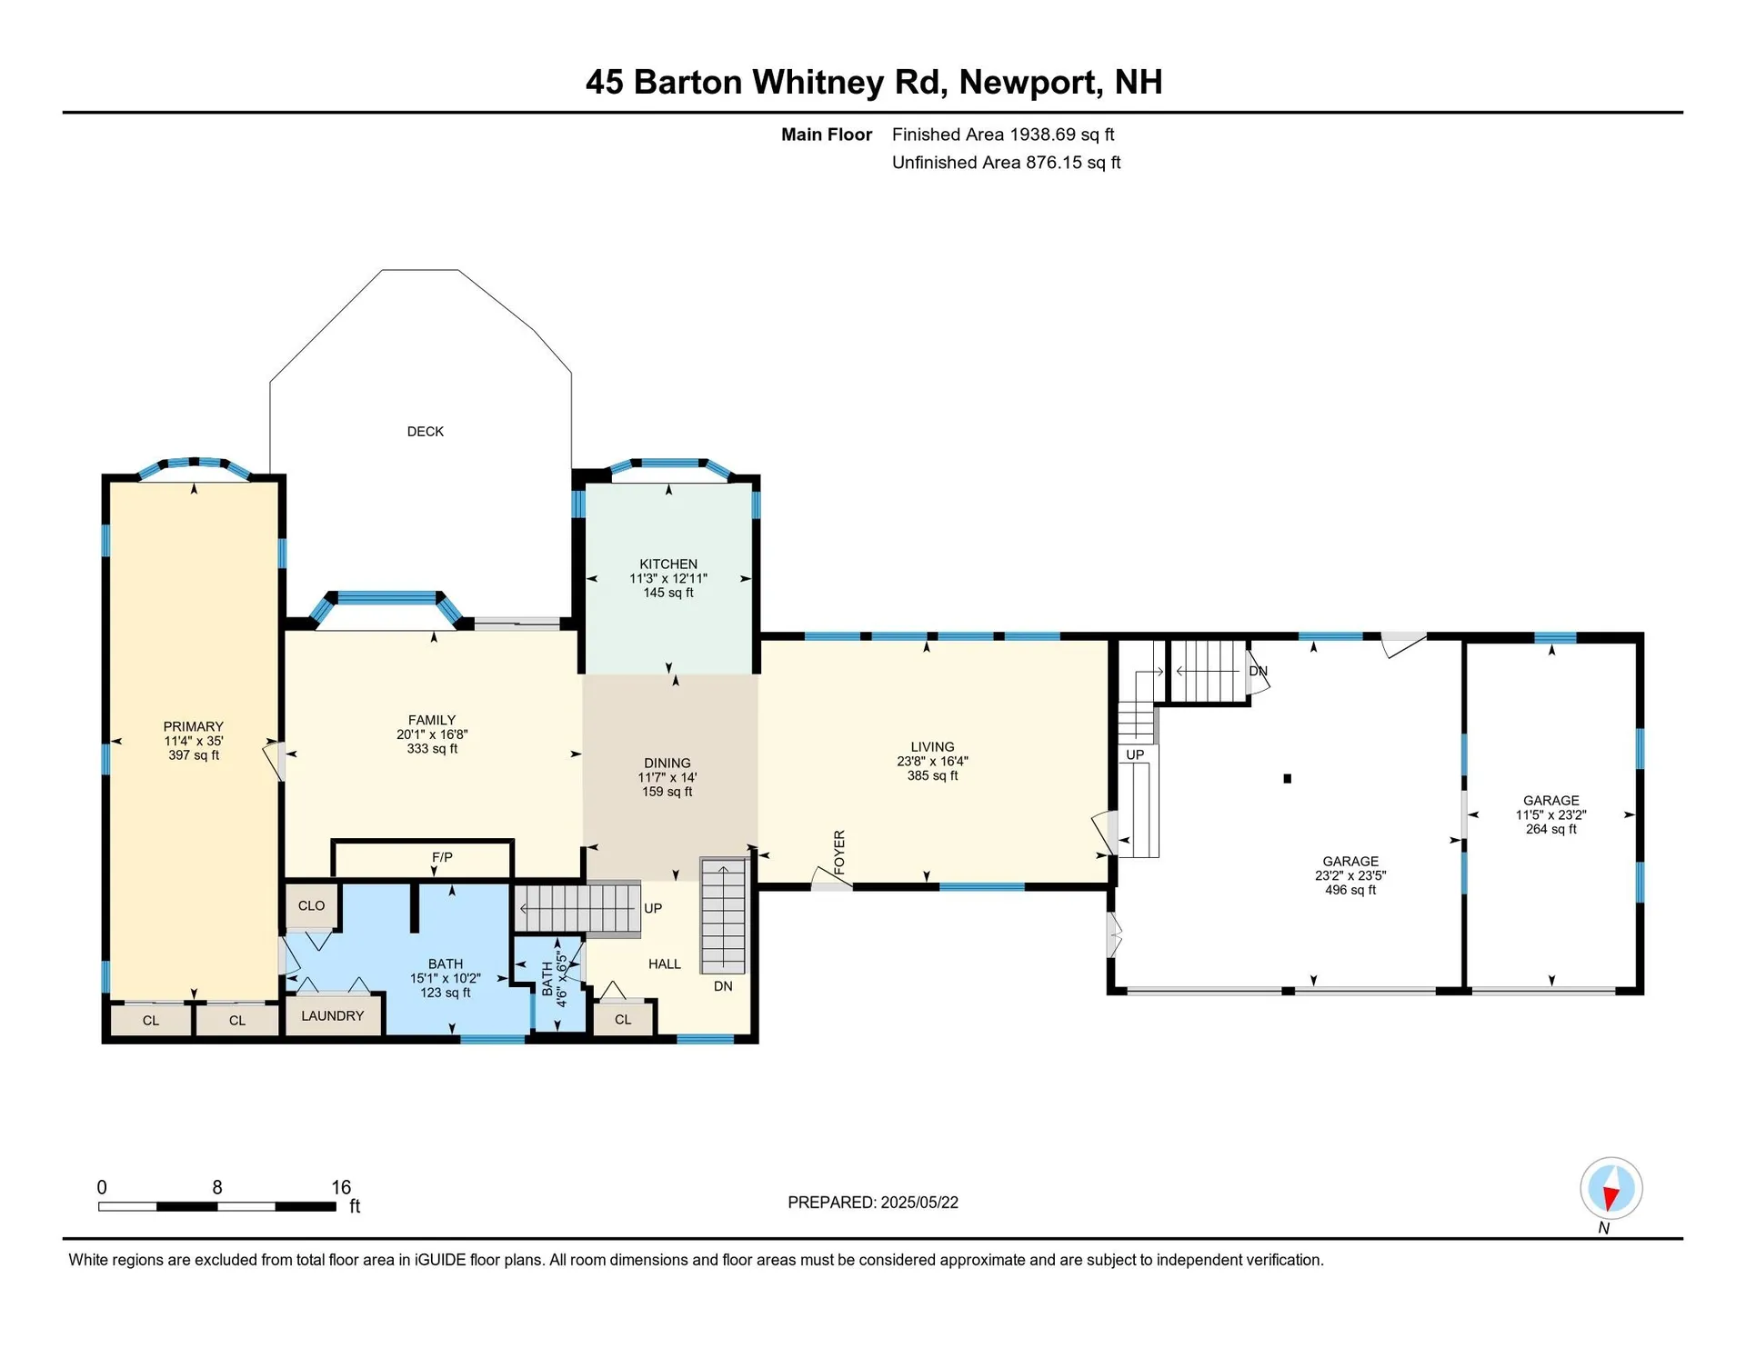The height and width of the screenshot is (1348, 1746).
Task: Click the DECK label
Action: click(x=425, y=432)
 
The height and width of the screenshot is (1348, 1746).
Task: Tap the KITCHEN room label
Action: click(x=667, y=564)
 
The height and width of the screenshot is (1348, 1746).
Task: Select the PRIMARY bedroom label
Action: click(x=193, y=726)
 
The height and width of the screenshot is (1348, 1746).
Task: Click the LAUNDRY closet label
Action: click(x=332, y=1016)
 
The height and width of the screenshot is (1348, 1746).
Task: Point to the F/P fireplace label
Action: click(x=442, y=857)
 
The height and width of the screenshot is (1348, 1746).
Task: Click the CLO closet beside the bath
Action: click(x=311, y=905)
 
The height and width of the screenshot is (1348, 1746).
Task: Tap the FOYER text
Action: click(x=839, y=852)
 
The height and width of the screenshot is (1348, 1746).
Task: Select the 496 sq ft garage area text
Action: click(x=1350, y=890)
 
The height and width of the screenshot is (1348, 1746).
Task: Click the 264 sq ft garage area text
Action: click(x=1550, y=829)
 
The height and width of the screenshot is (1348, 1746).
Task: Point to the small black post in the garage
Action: click(x=1287, y=778)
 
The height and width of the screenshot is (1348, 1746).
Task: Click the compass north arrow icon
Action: click(x=1611, y=1188)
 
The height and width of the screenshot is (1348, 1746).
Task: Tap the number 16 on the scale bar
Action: click(x=340, y=1187)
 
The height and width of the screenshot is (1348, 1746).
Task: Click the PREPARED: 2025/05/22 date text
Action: click(x=872, y=1203)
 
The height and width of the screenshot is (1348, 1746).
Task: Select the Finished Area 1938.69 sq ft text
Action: click(x=1002, y=135)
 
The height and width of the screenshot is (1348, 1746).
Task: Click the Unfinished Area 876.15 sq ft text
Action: click(x=1006, y=163)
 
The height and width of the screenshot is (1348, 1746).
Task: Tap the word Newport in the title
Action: click(x=1030, y=83)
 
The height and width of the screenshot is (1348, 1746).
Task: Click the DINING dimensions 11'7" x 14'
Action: click(x=667, y=777)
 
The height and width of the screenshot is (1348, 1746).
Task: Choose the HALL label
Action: click(x=664, y=964)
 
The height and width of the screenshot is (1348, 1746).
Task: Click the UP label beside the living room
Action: click(x=1134, y=754)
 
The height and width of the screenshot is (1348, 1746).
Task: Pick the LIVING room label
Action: click(x=932, y=746)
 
